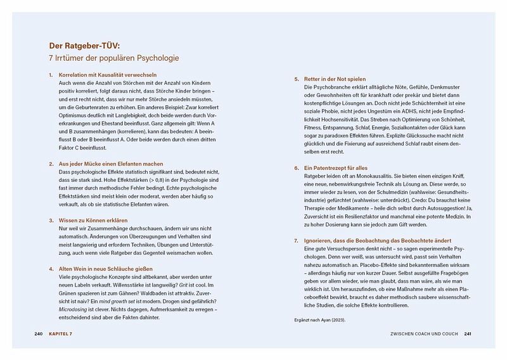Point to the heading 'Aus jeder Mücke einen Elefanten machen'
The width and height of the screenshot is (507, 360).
pyautogui.click(x=110, y=164)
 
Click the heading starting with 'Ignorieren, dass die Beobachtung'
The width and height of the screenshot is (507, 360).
pyautogui.click(x=369, y=241)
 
